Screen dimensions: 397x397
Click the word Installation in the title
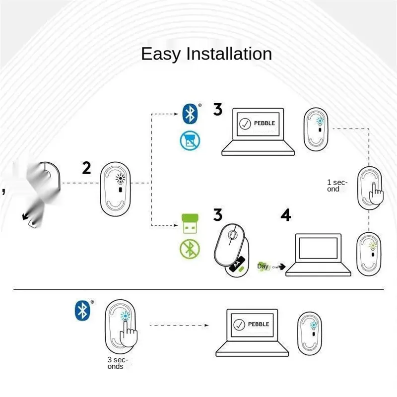pyautogui.click(x=229, y=54)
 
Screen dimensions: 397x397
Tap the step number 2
pyautogui.click(x=86, y=168)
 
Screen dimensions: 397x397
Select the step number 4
pyautogui.click(x=286, y=215)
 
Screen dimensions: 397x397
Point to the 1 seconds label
pyautogui.click(x=337, y=186)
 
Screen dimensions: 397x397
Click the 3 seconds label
pyautogui.click(x=118, y=363)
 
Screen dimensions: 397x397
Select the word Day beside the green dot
pyautogui.click(x=263, y=266)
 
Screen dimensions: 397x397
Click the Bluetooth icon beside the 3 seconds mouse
pyautogui.click(x=81, y=310)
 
